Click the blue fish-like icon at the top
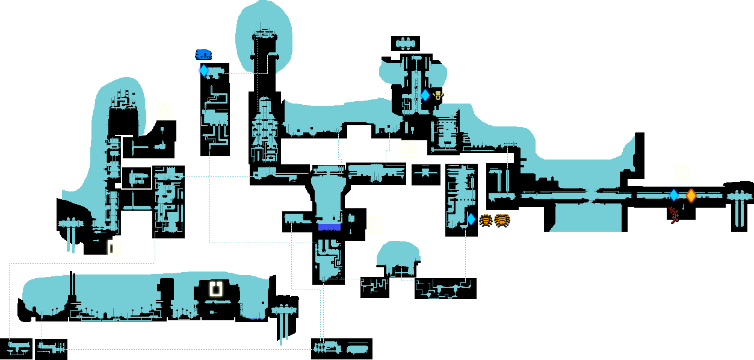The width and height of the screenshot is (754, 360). click(203, 55)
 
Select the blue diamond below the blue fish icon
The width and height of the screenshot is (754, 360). click(203, 70)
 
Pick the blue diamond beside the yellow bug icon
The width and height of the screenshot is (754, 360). click(425, 95)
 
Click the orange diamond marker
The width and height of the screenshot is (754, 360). click(691, 195)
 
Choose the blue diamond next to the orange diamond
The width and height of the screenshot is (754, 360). click(674, 195)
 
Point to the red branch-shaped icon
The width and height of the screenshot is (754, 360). click(674, 214)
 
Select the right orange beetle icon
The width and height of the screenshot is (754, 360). click(502, 220)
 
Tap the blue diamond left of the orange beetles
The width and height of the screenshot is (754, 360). click(471, 220)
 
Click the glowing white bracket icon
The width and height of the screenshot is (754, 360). click(215, 288)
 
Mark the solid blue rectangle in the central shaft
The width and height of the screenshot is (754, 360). click(329, 227)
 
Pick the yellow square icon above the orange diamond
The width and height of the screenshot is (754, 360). click(683, 174)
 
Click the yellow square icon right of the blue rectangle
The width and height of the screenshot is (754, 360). click(375, 225)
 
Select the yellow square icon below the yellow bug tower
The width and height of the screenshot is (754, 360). click(410, 149)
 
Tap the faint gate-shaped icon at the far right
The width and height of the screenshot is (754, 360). click(739, 280)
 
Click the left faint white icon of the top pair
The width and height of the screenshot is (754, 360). click(394, 25)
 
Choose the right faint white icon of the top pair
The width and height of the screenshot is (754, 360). click(420, 25)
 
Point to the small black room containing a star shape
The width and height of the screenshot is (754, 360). click(425, 174)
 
